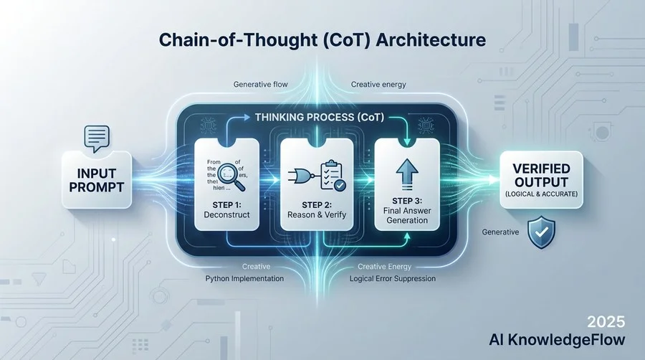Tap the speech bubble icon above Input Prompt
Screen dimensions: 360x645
(97, 136)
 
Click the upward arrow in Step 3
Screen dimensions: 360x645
(406, 174)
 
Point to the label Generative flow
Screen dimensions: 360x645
(260, 85)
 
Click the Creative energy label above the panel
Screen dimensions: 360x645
(378, 85)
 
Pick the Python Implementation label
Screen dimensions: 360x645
(246, 278)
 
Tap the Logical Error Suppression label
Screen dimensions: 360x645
(392, 278)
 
